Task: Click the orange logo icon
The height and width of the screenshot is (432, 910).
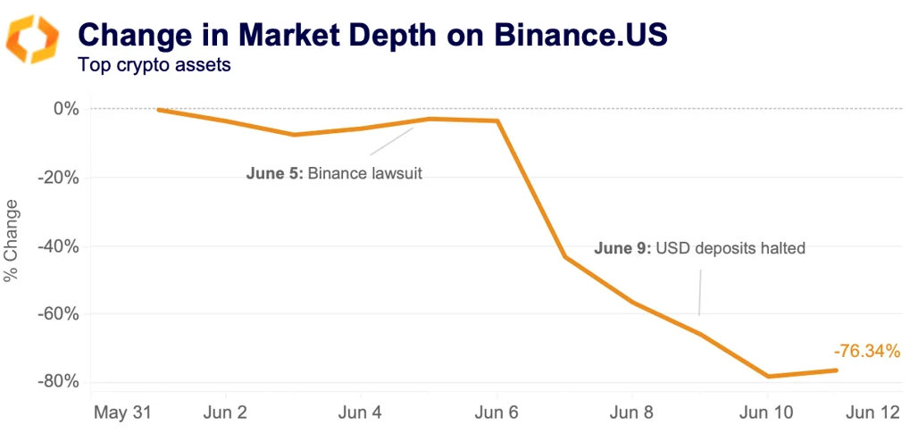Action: [32, 39]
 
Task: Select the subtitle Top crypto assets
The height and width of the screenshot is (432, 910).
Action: [154, 65]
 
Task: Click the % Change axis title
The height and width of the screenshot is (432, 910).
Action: [13, 245]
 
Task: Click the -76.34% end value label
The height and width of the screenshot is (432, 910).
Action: [866, 352]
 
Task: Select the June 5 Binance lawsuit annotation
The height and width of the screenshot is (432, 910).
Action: [334, 173]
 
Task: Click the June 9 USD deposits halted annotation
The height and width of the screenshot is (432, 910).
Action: [699, 248]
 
